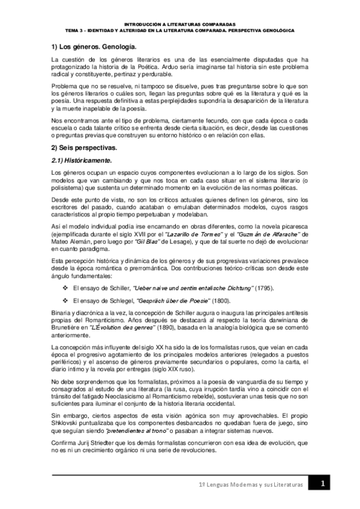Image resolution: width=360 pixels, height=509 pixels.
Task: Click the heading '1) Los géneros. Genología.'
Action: (x=93, y=46)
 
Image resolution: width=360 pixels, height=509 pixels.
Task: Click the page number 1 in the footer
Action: (x=323, y=484)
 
